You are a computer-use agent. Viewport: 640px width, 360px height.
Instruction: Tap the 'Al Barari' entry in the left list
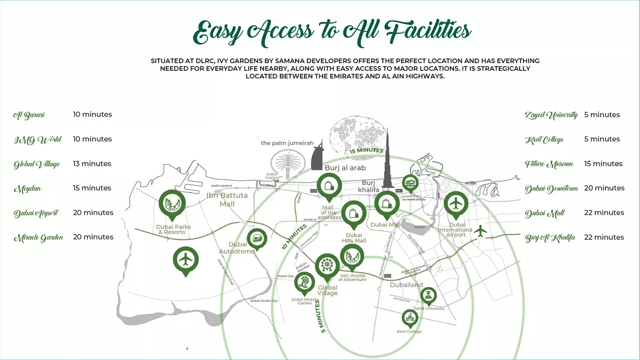coord(29,115)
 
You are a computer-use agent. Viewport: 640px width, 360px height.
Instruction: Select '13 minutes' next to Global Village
coord(92,164)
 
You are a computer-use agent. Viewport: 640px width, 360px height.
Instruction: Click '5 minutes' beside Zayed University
coord(602,115)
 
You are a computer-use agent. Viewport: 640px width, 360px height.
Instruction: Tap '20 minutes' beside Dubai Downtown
coord(604,188)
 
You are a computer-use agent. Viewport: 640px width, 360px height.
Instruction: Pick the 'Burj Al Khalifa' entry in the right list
coord(550,238)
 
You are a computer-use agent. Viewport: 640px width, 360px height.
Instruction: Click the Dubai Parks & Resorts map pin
coord(174,205)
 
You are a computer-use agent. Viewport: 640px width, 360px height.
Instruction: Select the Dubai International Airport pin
coord(456,205)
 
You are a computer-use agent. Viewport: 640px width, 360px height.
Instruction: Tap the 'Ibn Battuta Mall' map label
coord(227,200)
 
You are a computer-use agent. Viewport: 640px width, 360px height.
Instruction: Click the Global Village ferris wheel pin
coord(326,267)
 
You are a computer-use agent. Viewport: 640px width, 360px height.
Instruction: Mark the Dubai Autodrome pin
coord(257,239)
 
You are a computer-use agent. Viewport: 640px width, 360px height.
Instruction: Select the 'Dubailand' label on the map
coord(408,285)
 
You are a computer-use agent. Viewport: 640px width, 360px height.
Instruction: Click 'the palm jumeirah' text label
coord(287,143)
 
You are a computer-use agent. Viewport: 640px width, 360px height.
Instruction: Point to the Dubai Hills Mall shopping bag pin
coord(353,213)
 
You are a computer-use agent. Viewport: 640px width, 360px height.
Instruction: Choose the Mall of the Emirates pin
coord(329,186)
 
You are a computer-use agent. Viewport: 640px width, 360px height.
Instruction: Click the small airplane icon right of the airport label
coord(482,232)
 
